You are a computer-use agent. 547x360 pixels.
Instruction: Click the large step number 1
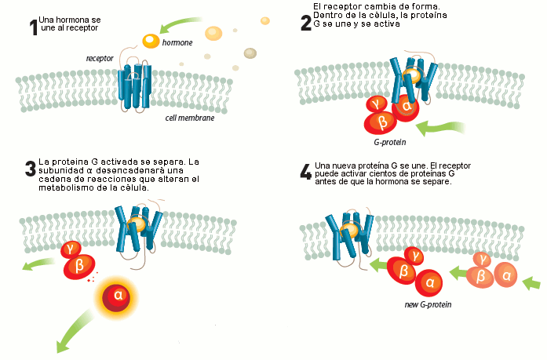pyautogui.click(x=33, y=28)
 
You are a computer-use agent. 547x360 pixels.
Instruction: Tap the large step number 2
pyautogui.click(x=306, y=23)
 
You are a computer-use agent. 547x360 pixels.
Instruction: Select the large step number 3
pyautogui.click(x=30, y=169)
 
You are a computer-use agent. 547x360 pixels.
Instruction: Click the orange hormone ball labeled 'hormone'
pyautogui.click(x=151, y=41)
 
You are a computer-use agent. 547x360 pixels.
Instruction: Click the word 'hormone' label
pyautogui.click(x=177, y=43)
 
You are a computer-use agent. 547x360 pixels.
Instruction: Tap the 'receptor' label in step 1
pyautogui.click(x=100, y=58)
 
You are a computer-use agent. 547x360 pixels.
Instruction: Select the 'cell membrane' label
pyautogui.click(x=190, y=118)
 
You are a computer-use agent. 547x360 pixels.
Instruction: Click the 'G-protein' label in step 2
pyautogui.click(x=389, y=143)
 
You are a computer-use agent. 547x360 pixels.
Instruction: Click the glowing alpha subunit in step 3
pyautogui.click(x=119, y=296)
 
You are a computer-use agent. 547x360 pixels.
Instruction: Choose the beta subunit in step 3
pyautogui.click(x=78, y=266)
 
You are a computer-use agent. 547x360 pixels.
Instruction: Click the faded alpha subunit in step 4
pyautogui.click(x=507, y=275)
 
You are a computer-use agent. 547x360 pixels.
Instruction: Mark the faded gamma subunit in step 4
pyautogui.click(x=483, y=257)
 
